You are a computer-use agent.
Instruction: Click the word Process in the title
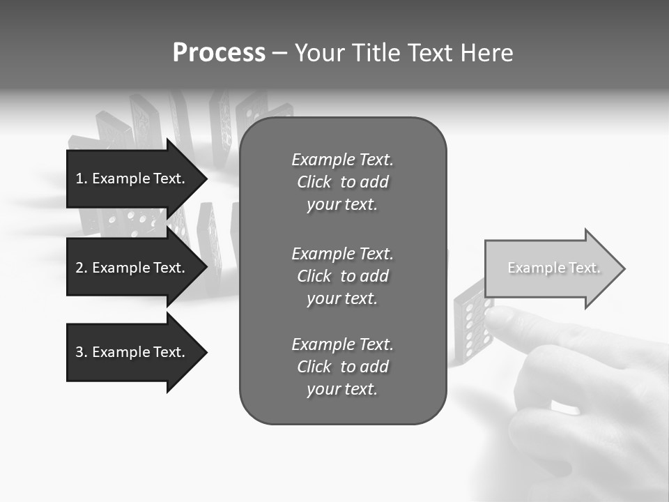[219, 53]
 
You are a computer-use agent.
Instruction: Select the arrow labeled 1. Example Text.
[132, 178]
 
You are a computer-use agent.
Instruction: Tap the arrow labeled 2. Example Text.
[132, 268]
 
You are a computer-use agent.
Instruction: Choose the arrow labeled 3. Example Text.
[132, 352]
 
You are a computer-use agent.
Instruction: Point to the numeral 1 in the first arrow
[79, 178]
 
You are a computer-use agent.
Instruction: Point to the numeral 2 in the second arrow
[79, 268]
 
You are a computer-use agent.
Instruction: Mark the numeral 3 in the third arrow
[79, 352]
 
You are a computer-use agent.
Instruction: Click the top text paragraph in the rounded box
[342, 182]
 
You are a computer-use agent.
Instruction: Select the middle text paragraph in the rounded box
[342, 276]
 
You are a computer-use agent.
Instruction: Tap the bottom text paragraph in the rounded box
[342, 367]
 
